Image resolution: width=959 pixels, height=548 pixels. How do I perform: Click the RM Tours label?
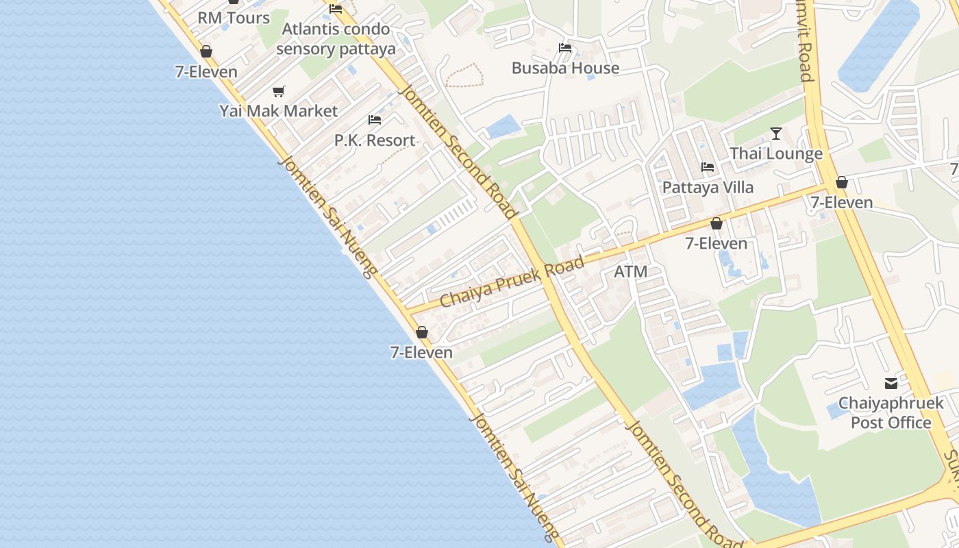[234, 18]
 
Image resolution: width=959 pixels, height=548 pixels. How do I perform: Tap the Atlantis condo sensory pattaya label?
[336, 39]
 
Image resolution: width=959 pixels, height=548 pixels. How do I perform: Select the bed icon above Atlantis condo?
[336, 9]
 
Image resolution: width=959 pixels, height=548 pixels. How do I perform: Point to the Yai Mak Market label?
[279, 111]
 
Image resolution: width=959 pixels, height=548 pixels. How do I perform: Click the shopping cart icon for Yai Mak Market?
[278, 91]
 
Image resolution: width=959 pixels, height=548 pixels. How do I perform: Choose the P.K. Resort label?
[375, 140]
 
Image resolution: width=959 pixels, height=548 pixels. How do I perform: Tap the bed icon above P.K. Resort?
[375, 120]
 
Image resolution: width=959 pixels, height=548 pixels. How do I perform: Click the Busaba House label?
[565, 68]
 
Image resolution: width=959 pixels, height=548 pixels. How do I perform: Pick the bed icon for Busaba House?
[565, 48]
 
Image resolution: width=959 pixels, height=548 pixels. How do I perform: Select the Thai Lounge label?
[776, 153]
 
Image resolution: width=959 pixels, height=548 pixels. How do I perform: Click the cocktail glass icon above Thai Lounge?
[776, 133]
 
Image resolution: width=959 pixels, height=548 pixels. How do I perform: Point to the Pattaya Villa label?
[708, 187]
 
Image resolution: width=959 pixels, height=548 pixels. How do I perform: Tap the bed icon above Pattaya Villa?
[708, 167]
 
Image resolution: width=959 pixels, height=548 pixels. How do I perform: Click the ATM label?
[630, 272]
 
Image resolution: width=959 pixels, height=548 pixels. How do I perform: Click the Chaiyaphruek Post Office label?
[891, 412]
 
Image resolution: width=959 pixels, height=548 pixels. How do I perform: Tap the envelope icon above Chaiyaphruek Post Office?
[891, 384]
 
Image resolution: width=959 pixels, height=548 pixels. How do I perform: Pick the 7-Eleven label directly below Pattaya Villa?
[717, 243]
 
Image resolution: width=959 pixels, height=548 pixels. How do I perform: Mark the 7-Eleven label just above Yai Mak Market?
[206, 72]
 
